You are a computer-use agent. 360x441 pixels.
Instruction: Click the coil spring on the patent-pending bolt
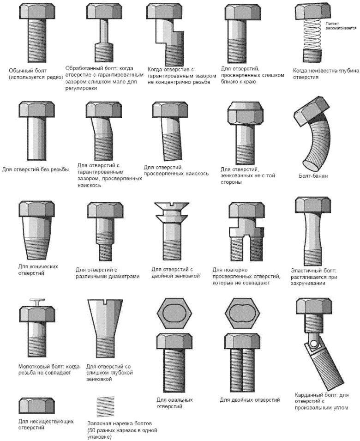tap(312, 34)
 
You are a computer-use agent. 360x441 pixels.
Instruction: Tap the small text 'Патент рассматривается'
tap(341, 26)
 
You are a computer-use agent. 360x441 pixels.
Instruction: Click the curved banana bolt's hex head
tap(311, 111)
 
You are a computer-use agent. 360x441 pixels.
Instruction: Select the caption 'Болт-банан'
tap(313, 176)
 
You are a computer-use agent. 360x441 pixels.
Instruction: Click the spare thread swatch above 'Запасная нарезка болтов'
tap(105, 407)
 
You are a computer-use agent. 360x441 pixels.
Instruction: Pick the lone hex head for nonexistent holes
tap(37, 405)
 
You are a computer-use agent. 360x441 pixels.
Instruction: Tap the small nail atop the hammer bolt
tap(37, 302)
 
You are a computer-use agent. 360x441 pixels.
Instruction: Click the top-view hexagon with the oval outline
tap(174, 313)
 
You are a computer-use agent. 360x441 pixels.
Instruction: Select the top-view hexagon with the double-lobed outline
tap(243, 313)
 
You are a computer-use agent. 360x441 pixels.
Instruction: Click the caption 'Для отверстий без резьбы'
tap(36, 169)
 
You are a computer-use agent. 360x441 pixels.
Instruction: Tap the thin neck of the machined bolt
tap(104, 31)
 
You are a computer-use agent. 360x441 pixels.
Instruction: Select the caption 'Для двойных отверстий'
tap(250, 399)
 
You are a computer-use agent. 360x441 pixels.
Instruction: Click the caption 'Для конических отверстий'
tap(38, 269)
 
